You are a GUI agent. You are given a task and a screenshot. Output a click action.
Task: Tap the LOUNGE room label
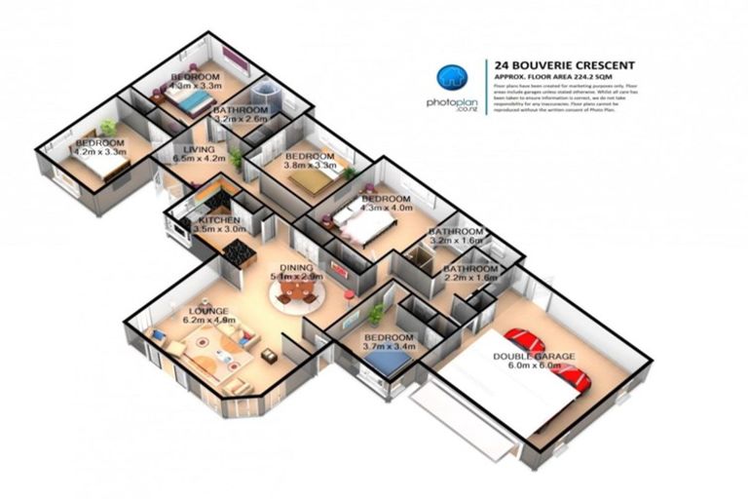208,311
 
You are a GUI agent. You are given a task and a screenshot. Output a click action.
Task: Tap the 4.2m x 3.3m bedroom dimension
102,152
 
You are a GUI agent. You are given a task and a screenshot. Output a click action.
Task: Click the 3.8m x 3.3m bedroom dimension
310,166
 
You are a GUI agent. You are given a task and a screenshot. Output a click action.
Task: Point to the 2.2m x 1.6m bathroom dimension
470,278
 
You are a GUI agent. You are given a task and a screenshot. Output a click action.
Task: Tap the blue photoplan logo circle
450,78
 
